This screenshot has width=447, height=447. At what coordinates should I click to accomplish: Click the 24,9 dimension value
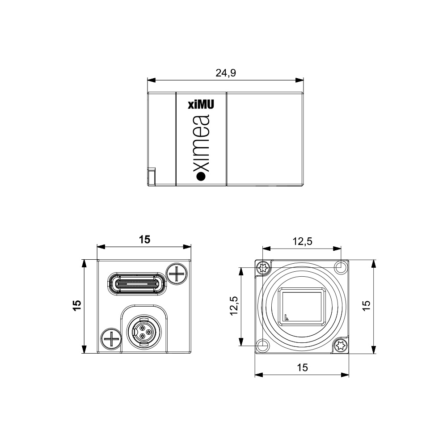pos(225,73)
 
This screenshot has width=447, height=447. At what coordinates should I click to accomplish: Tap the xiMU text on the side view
pos(201,104)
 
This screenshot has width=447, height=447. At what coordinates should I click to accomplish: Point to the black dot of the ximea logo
pos(201,177)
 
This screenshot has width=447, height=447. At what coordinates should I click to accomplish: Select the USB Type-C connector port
pos(136,284)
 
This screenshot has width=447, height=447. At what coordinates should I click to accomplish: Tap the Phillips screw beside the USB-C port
pos(177,274)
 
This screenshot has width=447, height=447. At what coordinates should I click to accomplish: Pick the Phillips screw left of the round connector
pos(111,339)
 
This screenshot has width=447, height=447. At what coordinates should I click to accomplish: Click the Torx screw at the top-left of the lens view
pos(263,268)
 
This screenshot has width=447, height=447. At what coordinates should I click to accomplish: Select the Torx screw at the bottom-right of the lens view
pos(341,346)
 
